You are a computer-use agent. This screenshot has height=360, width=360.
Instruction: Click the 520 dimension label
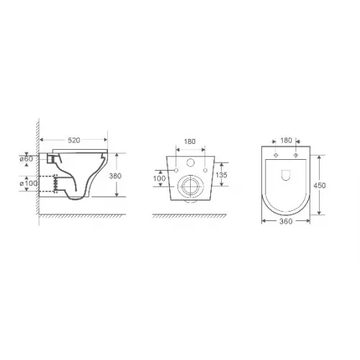tap(73, 140)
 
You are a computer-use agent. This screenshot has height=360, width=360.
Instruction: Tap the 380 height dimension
tap(115, 176)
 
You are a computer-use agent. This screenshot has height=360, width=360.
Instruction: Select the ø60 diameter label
tap(27, 158)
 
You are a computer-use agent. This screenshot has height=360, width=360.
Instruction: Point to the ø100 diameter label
tap(28, 184)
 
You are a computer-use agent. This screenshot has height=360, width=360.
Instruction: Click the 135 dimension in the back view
tap(221, 175)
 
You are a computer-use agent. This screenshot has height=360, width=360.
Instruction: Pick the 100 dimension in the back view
tap(159, 179)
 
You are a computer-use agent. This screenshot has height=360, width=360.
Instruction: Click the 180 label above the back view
tap(189, 141)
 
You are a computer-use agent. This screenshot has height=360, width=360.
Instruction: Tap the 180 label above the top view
tap(286, 140)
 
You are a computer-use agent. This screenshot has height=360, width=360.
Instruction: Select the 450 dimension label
tap(320, 185)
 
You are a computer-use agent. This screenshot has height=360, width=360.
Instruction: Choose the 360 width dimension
tap(286, 221)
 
